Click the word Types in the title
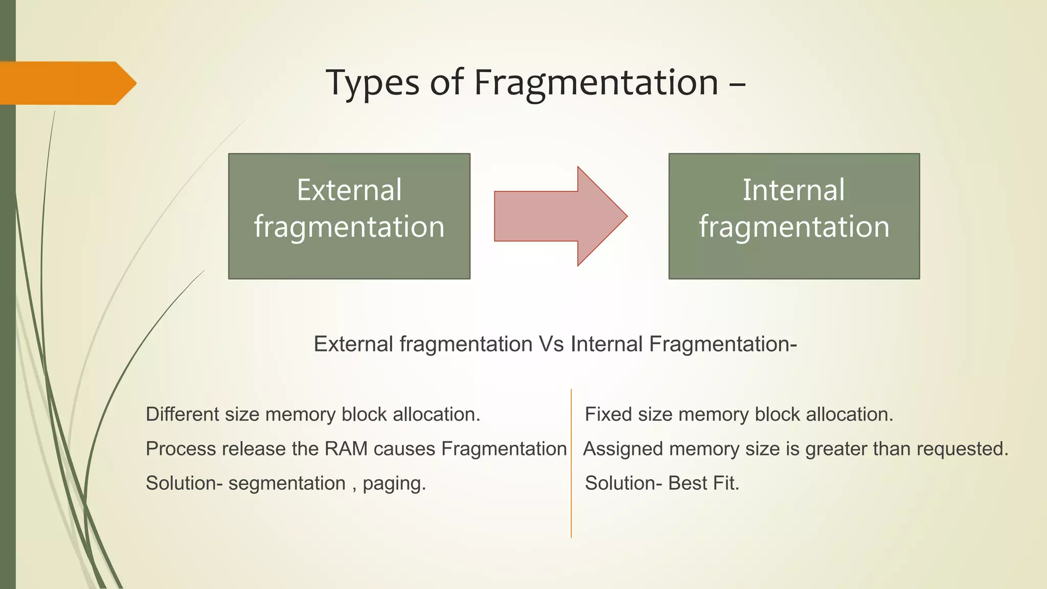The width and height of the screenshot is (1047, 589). pos(372,83)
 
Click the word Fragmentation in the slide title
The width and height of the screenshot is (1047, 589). pos(596,83)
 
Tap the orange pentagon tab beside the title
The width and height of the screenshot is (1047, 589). pos(66,83)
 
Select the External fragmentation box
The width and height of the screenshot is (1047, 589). pos(349,216)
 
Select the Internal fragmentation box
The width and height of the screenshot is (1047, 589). pos(794,216)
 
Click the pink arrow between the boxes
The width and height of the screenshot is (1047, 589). pos(560,216)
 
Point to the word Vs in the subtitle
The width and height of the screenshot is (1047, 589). pos(552,344)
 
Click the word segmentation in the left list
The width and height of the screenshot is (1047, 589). pos(287,483)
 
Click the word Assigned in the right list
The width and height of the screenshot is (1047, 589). pos(623,449)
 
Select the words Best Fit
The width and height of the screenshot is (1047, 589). pos(703,483)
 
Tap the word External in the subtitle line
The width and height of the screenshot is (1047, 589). pos(353,344)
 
